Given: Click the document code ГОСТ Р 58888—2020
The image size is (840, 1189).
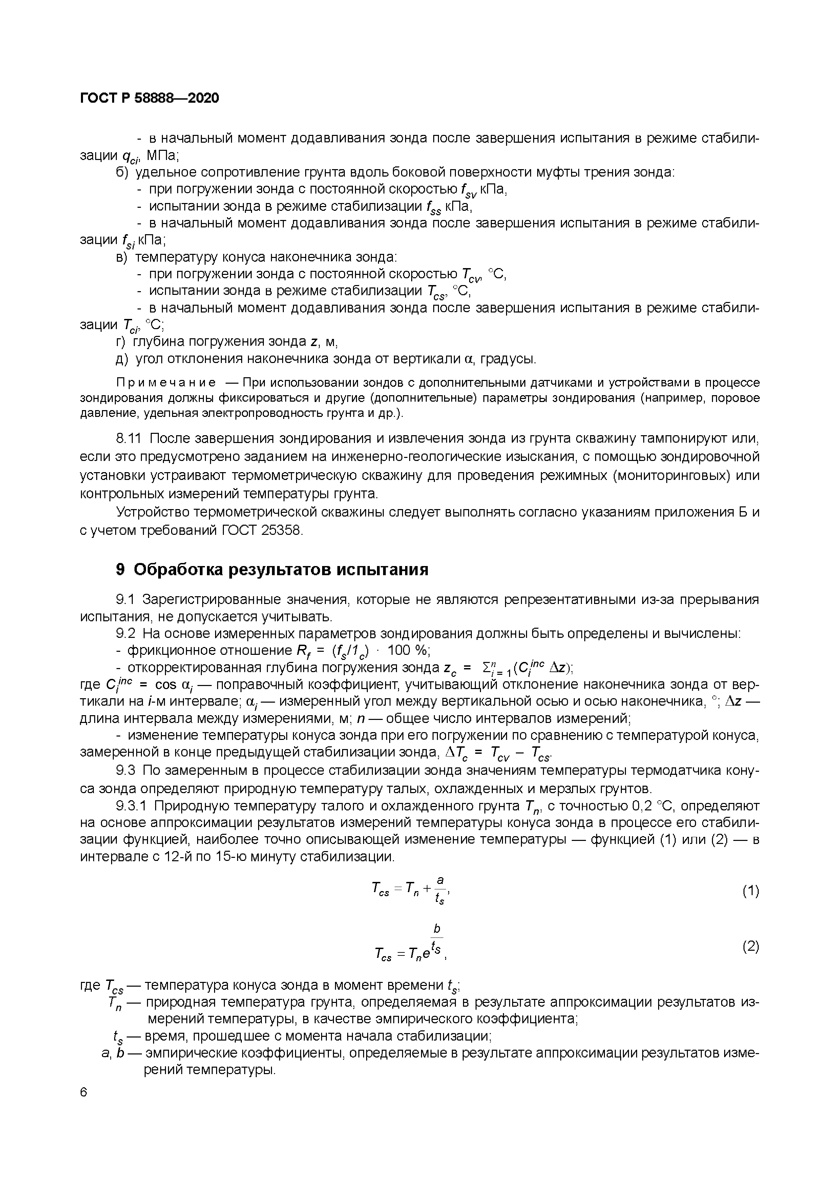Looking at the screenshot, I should pos(150,98).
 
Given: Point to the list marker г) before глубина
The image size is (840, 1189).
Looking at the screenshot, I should pos(120,342).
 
